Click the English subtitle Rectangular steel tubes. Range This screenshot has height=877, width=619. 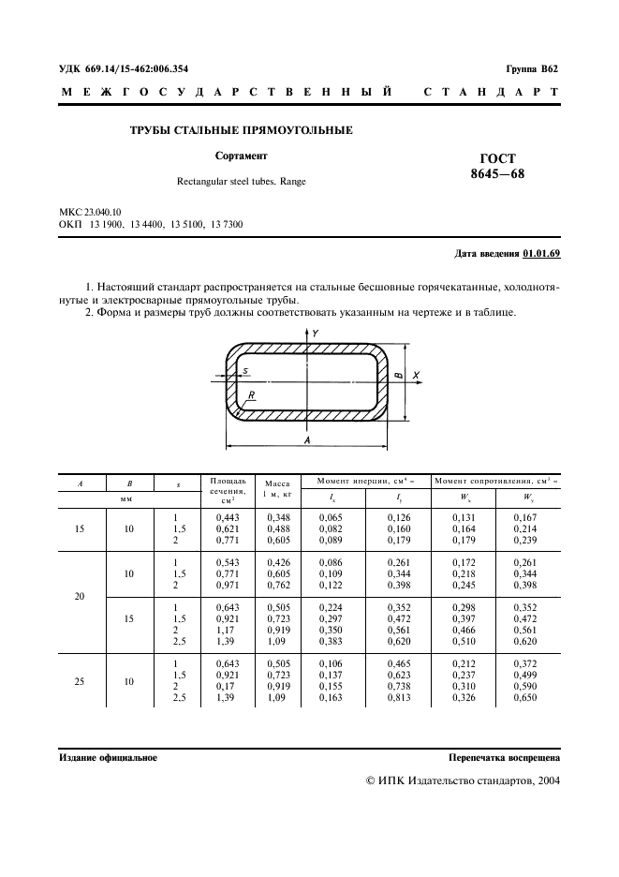pos(241,182)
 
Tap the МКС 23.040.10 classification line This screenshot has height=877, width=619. pos(96,215)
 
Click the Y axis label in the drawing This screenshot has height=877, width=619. pos(316,334)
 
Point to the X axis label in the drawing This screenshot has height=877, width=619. pos(415,375)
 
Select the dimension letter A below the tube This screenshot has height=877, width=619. pos(307,438)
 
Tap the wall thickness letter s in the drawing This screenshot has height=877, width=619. pos(245,371)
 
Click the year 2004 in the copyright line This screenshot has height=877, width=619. pos(546,780)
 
